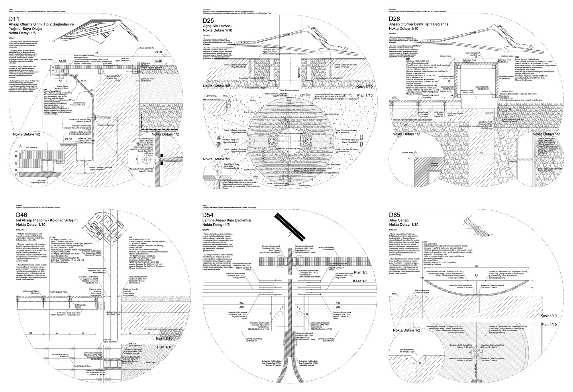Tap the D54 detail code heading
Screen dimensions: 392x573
click(209, 215)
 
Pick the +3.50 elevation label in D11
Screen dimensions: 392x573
click(158, 52)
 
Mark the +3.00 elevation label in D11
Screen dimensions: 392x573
click(68, 139)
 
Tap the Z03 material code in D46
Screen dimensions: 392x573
click(131, 237)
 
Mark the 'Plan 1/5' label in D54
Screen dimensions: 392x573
click(360, 272)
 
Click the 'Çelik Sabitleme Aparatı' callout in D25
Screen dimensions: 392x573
click(290, 90)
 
